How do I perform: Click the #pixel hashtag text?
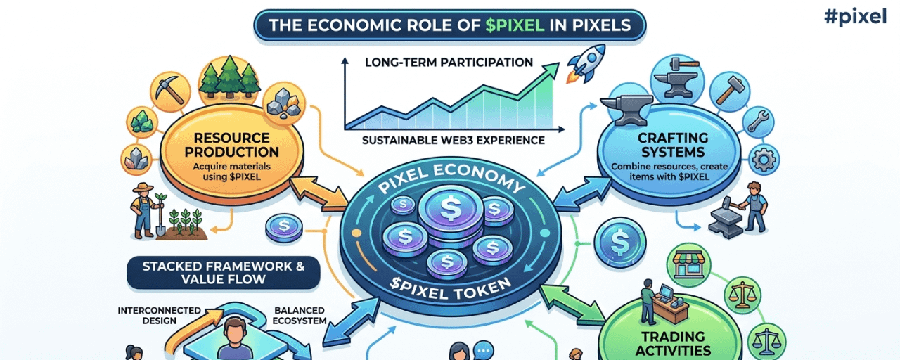coord(855,17)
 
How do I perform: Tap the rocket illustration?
coord(588,59)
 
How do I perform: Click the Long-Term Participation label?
coord(449,63)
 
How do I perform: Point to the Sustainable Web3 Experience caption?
coord(453,140)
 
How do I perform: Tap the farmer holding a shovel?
coord(144,209)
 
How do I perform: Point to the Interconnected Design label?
coord(159,315)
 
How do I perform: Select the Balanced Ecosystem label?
coord(300,315)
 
